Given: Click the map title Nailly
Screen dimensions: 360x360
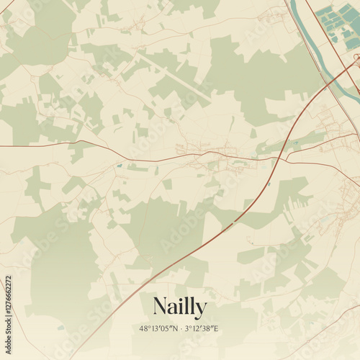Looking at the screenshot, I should pyautogui.click(x=179, y=307).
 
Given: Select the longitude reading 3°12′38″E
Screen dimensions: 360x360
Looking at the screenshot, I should pyautogui.click(x=201, y=329).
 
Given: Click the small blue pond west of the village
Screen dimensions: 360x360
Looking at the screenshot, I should pyautogui.click(x=120, y=166).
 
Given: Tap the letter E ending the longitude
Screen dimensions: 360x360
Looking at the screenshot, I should pyautogui.click(x=216, y=329).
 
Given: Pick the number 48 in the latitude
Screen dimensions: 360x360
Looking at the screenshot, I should pyautogui.click(x=143, y=329).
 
